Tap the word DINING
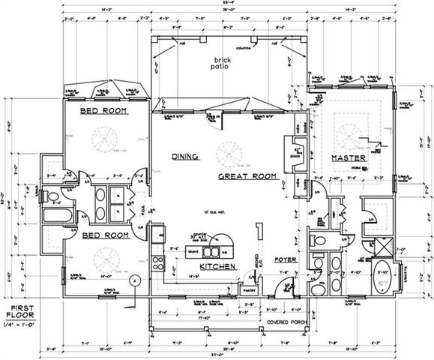point(184,157)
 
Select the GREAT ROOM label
point(244,176)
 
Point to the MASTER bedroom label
point(347,159)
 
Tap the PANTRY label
point(248,286)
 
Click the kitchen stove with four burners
point(157,262)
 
